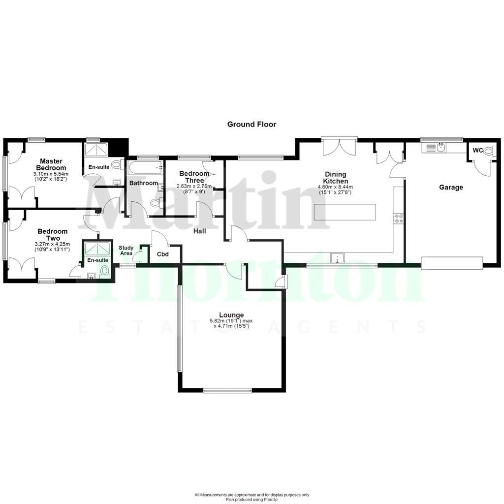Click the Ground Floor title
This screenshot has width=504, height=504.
[x=252, y=125]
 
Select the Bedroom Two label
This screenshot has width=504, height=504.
[x=52, y=235]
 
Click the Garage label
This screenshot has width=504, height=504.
[x=451, y=188]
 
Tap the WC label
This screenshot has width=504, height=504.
[x=477, y=151]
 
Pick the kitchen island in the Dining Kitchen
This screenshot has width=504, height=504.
[x=345, y=212]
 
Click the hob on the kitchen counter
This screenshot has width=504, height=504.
[x=399, y=219]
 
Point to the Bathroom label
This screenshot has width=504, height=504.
[x=144, y=184]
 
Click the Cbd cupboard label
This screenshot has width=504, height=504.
[x=162, y=254]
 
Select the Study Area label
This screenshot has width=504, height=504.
[x=126, y=251]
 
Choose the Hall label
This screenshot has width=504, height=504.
[x=199, y=231]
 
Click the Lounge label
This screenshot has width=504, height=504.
[x=231, y=315]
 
